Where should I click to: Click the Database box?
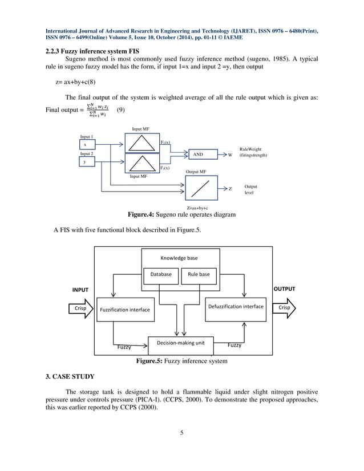pos(160,274)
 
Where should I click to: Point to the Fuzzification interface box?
pos(124,310)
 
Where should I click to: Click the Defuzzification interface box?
pos(236,307)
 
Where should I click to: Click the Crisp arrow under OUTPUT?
pos(285,307)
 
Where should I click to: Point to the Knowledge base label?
pos(180,258)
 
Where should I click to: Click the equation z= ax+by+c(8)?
pos(79,82)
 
